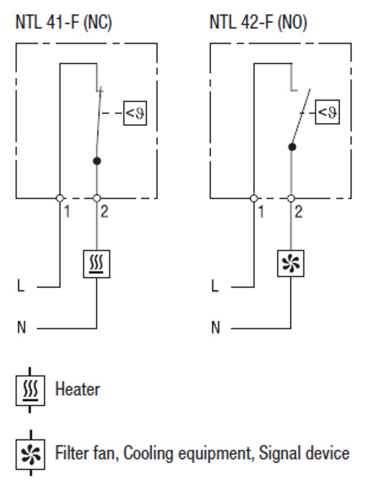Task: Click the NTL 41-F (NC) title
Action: pos(64,22)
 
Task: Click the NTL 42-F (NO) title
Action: pos(258,22)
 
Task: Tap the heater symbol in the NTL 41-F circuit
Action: pos(96,264)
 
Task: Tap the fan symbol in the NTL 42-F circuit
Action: pos(291,263)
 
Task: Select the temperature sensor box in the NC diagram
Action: pos(135,113)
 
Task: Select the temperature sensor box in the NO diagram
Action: pos(328,112)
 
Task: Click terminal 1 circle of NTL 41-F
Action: pos(60,198)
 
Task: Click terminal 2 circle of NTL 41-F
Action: pos(96,198)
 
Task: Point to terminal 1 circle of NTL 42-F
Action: pos(254,198)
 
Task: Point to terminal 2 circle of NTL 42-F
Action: pos(291,198)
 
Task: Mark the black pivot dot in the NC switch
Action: pos(97,161)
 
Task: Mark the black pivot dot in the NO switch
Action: pos(292,147)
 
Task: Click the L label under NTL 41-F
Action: pos(21,286)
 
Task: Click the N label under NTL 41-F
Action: pos(21,328)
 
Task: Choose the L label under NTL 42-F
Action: pos(215,286)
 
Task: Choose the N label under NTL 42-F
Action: pos(216,328)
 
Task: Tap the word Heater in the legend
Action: pos(77,389)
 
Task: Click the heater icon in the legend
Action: pos(30,390)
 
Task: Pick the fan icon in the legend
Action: pos(30,454)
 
